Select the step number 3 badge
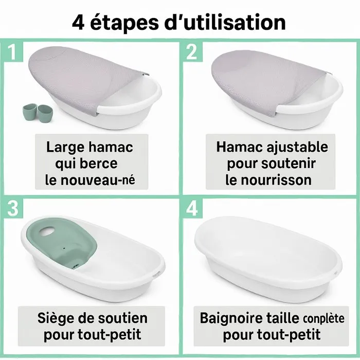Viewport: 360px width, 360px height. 12,208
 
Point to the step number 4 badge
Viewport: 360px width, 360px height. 191,208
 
